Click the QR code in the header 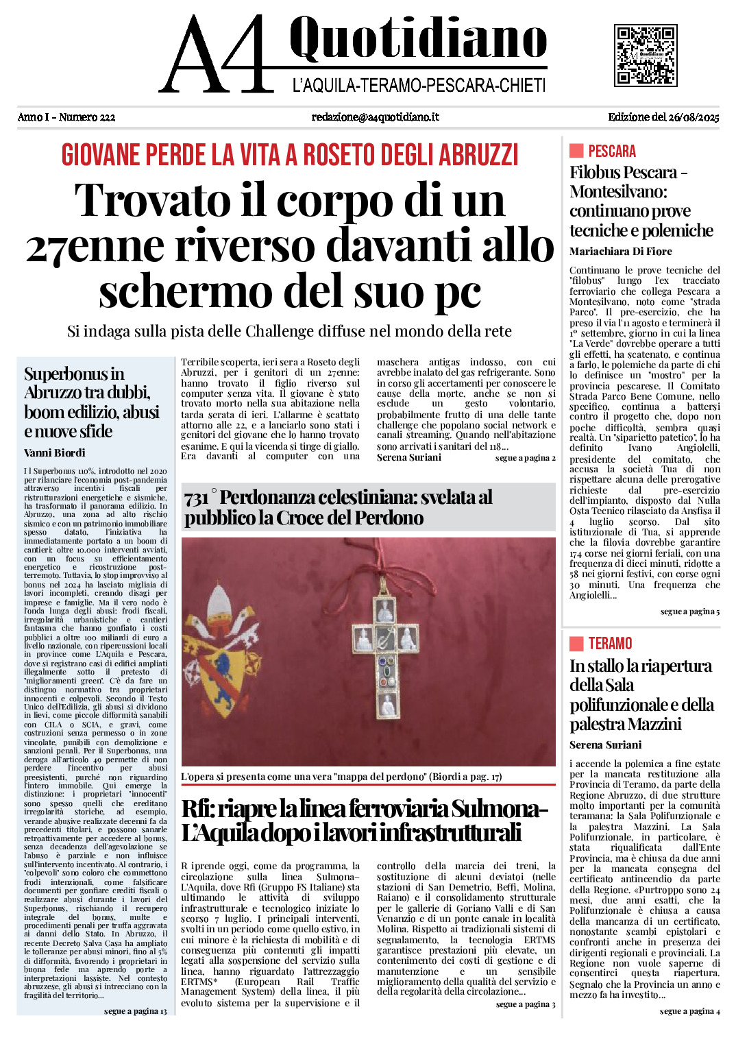[x=646, y=56]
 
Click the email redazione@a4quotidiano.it [x=375, y=117]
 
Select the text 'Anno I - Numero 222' [x=66, y=117]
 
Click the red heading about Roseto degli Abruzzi [x=289, y=155]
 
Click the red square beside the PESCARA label [x=576, y=151]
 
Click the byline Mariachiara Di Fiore [x=620, y=252]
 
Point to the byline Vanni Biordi [x=55, y=452]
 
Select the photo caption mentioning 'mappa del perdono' [x=341, y=777]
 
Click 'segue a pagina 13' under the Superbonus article [x=135, y=1011]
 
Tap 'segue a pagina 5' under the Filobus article [x=689, y=611]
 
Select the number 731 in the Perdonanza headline [x=196, y=499]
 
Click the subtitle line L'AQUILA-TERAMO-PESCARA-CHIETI [x=419, y=86]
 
